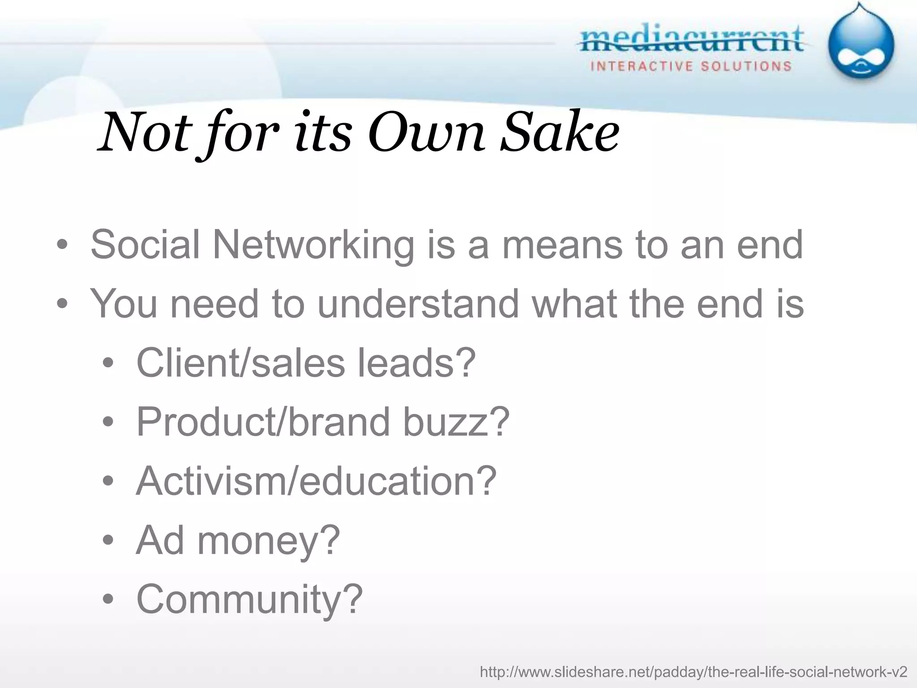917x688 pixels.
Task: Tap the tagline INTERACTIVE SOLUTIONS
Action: click(x=691, y=67)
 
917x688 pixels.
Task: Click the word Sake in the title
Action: click(x=560, y=133)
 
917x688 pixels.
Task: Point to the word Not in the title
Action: click(x=145, y=133)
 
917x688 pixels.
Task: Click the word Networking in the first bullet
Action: click(x=313, y=245)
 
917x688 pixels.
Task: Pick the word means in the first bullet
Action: click(x=562, y=245)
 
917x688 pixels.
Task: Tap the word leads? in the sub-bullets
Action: click(x=416, y=363)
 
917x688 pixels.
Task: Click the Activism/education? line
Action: click(x=316, y=481)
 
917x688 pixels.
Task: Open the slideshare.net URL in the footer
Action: click(x=694, y=672)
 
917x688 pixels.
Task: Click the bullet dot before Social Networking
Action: click(x=62, y=245)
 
